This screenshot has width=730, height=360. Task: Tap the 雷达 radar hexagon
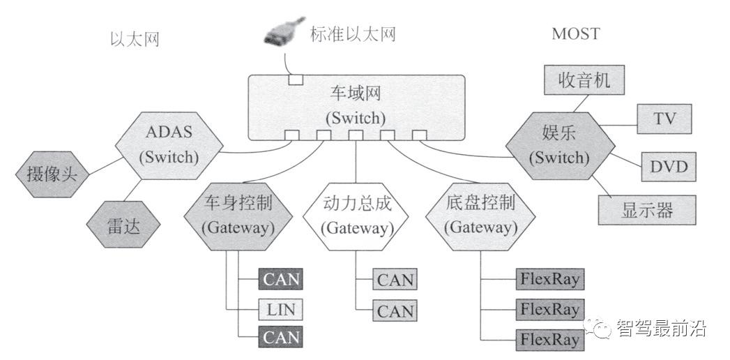coord(123,225)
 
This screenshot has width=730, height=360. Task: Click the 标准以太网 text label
coord(353,34)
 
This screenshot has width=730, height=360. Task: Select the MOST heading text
coord(575,33)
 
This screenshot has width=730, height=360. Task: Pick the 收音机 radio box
coord(584,80)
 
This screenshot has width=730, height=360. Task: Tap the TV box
coord(664,119)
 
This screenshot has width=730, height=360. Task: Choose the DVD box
coord(669,167)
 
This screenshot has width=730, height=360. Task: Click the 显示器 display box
coord(647,210)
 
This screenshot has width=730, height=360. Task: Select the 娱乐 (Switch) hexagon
coord(560,146)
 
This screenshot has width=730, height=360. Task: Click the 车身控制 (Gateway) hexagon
coord(238,216)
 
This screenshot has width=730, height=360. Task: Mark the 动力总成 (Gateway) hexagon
coord(356,216)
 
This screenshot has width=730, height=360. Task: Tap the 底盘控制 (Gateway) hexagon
coord(480,216)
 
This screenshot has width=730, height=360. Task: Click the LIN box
coord(280,308)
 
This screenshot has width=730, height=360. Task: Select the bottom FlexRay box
coord(549,339)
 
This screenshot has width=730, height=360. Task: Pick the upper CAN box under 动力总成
coord(395,280)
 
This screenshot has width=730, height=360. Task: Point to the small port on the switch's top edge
coord(296,80)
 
